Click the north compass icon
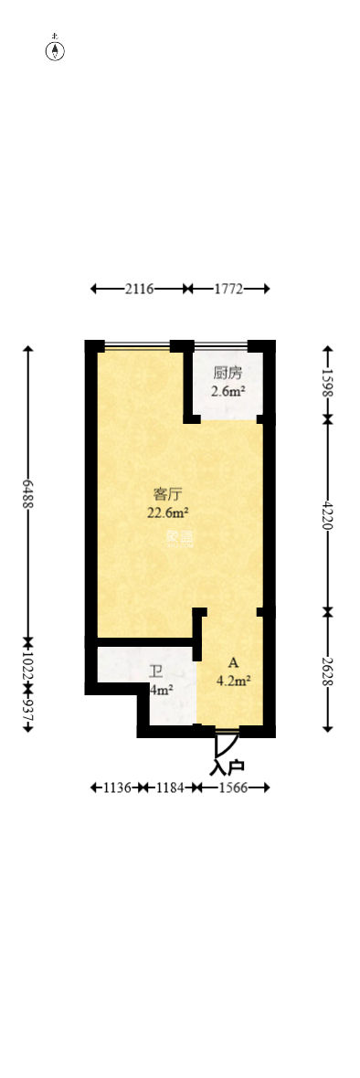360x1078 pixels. [x=56, y=50]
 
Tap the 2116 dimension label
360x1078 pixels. [x=139, y=289]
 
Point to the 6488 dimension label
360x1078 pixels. [x=28, y=494]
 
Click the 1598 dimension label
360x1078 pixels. [x=327, y=382]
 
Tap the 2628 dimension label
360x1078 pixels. [x=327, y=670]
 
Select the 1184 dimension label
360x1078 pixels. [x=169, y=787]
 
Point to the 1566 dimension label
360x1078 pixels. [x=230, y=787]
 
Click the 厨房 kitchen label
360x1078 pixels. [x=228, y=373]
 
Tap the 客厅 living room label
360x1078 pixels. [x=166, y=494]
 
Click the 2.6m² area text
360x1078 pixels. [x=228, y=392]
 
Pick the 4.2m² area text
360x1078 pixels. [x=234, y=681]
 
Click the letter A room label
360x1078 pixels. [x=233, y=662]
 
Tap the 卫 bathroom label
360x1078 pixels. [x=156, y=671]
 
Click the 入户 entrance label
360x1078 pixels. [x=228, y=767]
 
